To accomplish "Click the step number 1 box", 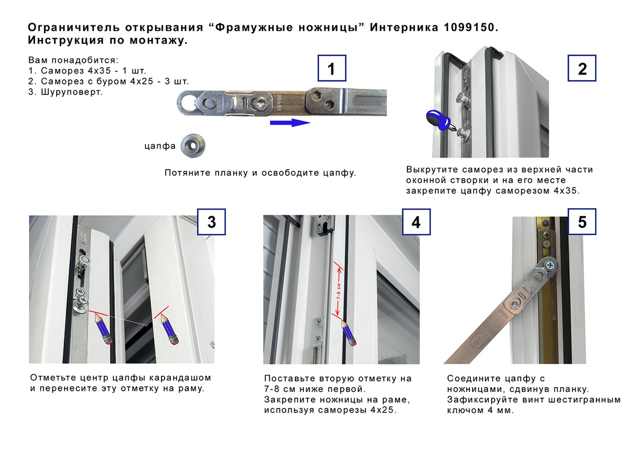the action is (x=332, y=68).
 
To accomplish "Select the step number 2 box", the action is (x=582, y=68).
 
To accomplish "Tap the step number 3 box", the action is (x=211, y=222).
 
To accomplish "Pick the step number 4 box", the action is (x=416, y=222).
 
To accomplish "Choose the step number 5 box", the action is (x=582, y=222).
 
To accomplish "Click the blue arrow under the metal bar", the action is (x=290, y=123).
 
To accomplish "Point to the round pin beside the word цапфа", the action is (x=193, y=145).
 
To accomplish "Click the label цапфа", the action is (x=160, y=146).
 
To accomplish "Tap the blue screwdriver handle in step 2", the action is (x=438, y=120).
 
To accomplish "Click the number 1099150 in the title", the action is (x=469, y=28).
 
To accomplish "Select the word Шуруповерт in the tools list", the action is (x=71, y=92).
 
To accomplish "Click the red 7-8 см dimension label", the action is (x=339, y=291).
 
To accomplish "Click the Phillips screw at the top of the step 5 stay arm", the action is (x=550, y=265).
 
